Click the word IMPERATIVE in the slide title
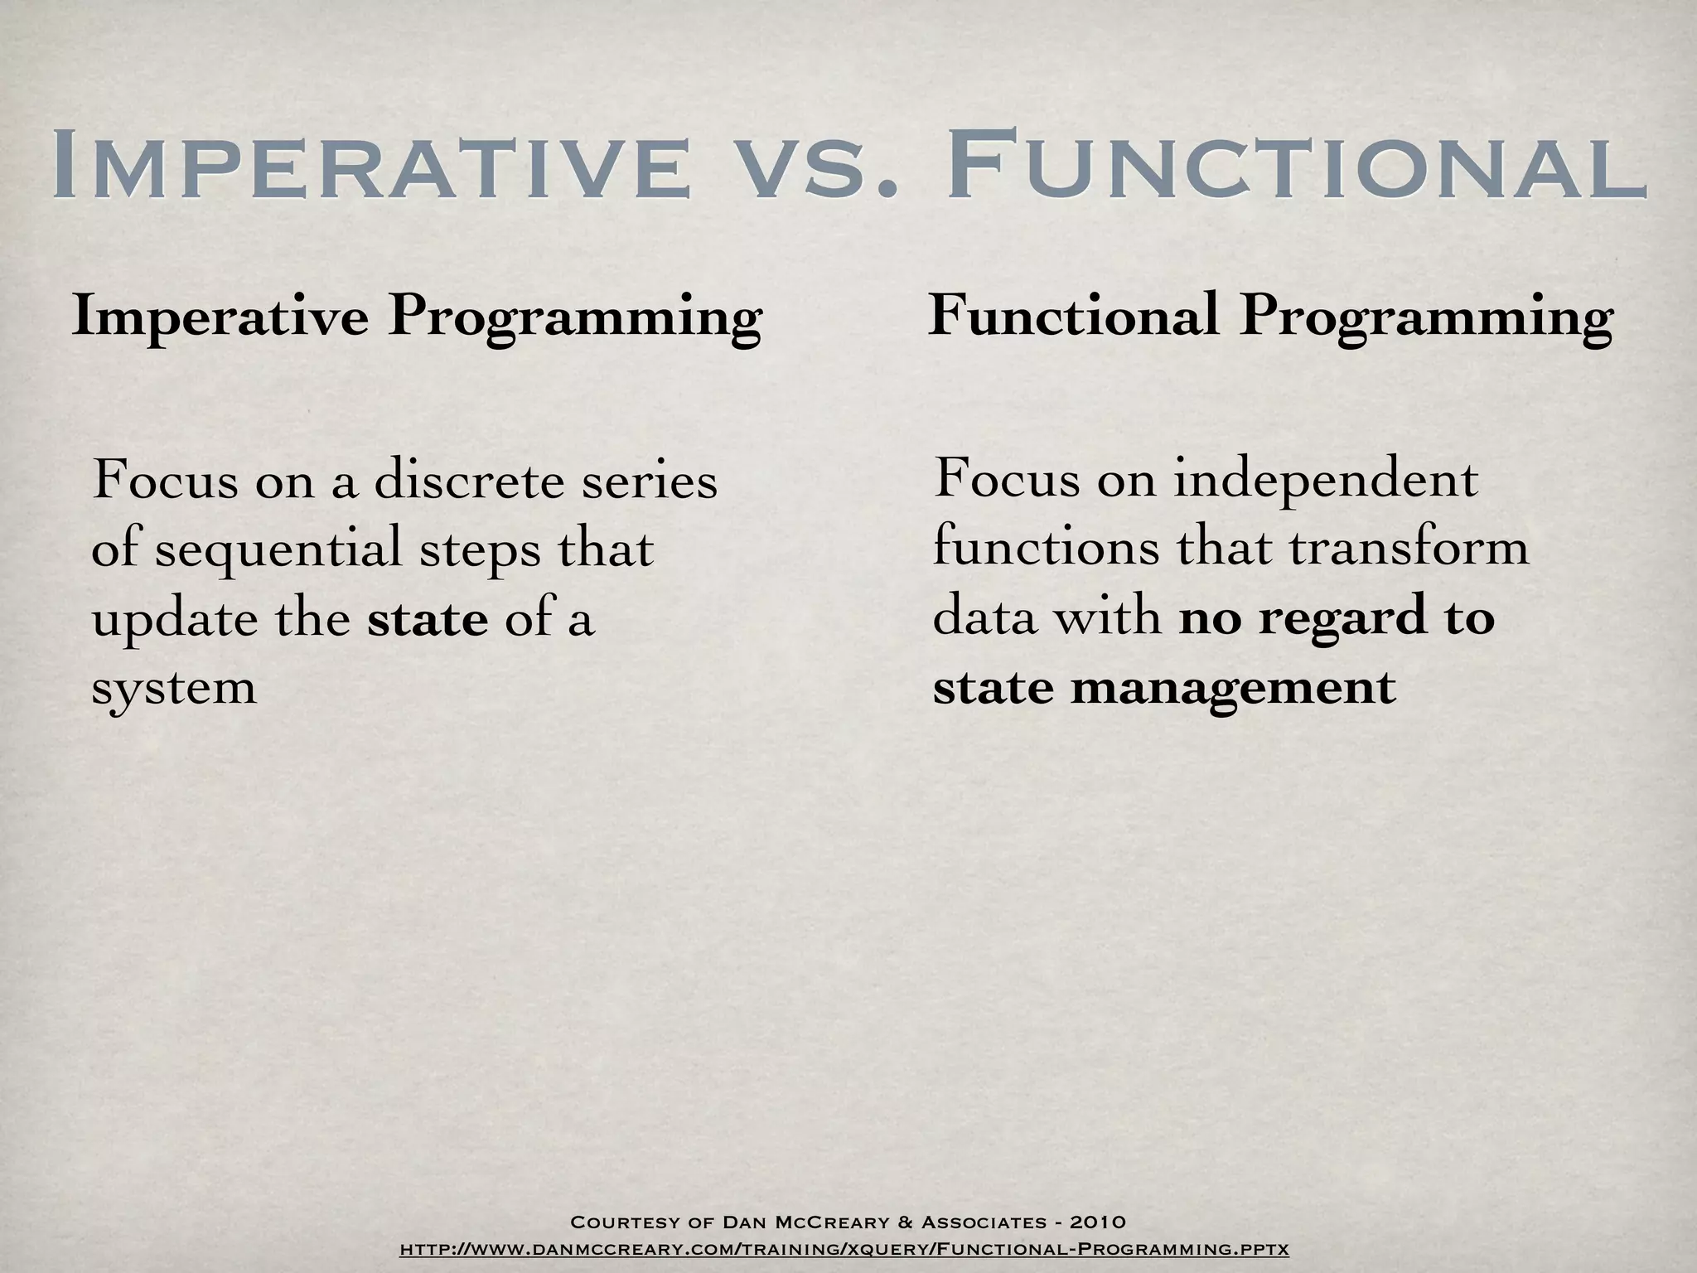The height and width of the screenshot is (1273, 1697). tap(370, 165)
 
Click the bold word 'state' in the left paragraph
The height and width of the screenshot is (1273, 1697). tap(428, 618)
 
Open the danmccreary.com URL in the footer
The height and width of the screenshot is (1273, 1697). tap(844, 1248)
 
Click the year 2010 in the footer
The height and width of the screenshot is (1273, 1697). tap(1097, 1222)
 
